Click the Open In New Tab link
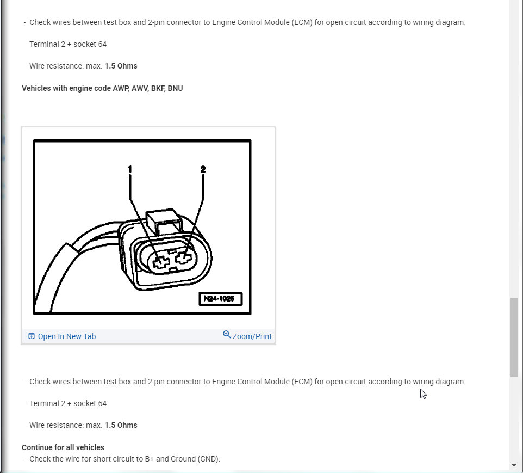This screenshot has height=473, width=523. pos(66,336)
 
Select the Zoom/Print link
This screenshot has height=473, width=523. pos(252,336)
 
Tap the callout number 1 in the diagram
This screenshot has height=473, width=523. pos(129,169)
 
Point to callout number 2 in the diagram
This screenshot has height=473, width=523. pos(203,169)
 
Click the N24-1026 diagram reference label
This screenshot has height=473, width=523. pos(220,299)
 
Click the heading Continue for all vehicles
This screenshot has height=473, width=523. pos(63,447)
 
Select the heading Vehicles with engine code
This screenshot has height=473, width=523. pos(102,88)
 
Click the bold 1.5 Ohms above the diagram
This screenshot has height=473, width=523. pos(121,66)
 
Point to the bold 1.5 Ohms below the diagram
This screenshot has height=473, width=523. pos(121,425)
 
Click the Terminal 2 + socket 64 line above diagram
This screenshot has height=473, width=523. pos(68,44)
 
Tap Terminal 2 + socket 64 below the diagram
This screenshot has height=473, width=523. pos(68,403)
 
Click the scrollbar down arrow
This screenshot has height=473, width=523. pos(514,465)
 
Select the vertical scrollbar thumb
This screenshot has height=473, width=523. pos(514,337)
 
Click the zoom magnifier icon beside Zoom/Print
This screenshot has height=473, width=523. pos(227,335)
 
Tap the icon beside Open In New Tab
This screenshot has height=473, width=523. pos(31,336)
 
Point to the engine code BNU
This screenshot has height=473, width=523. pos(175,88)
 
